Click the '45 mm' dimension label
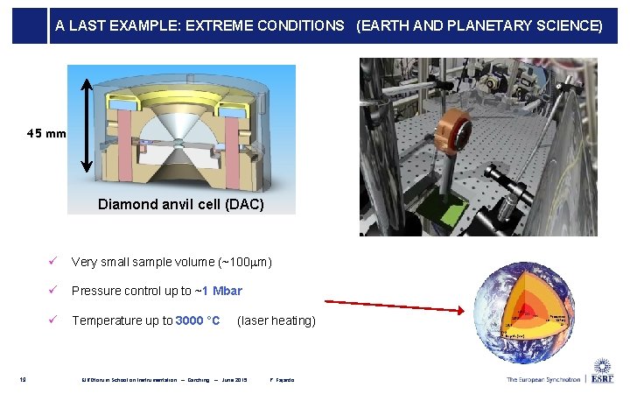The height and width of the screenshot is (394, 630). click(45, 134)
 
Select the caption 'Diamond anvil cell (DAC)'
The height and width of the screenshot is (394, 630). click(181, 204)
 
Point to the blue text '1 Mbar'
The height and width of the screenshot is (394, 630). click(222, 291)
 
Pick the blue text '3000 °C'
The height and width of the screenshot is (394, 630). click(197, 320)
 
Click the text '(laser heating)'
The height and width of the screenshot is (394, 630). click(276, 320)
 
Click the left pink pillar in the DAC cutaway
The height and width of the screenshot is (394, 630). click(123, 137)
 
